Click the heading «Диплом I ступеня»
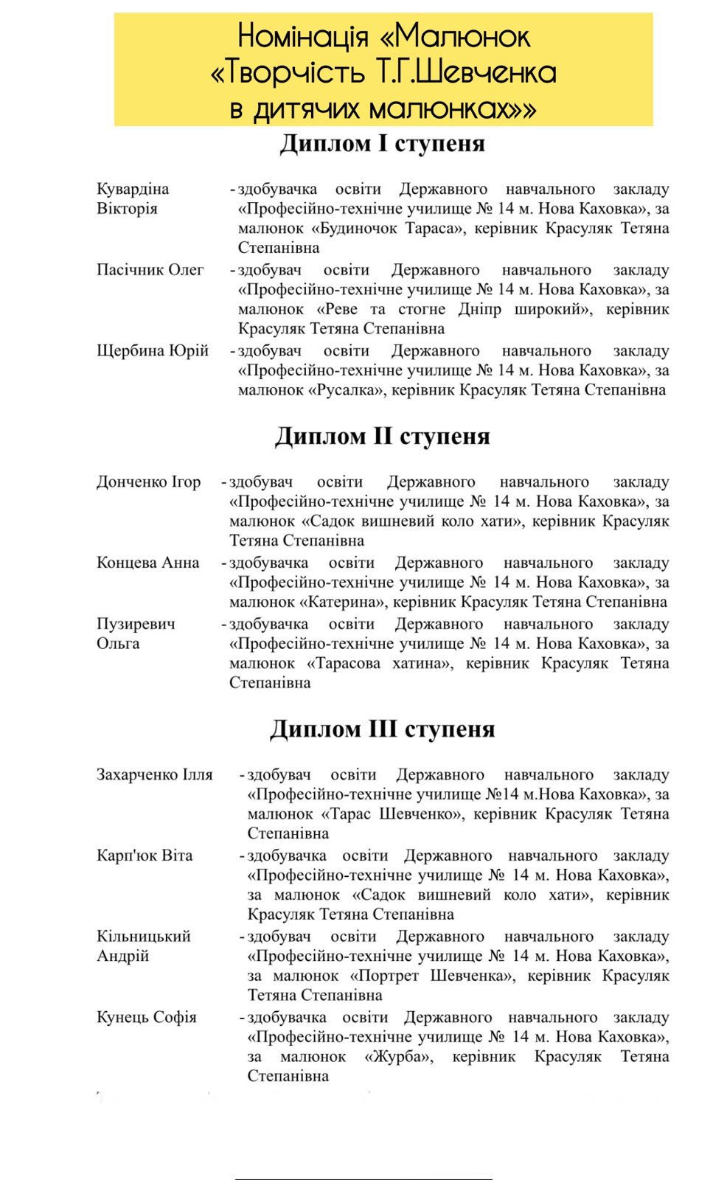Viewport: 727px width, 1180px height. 382,144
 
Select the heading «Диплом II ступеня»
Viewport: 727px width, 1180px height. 382,437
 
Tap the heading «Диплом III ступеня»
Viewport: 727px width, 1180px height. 382,729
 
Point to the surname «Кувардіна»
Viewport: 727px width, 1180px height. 133,189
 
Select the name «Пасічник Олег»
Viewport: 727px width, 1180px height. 150,270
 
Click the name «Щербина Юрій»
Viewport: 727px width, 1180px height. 153,350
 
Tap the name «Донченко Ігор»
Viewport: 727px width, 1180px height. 148,482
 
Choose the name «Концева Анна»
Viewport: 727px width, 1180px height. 147,563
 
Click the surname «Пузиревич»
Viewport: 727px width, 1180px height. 136,624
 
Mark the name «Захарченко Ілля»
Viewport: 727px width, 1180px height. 154,775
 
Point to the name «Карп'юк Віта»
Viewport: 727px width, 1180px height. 145,855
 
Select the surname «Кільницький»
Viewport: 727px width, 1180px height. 143,937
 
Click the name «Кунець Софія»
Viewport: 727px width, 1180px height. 147,1017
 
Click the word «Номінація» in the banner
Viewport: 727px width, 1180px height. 302,35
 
